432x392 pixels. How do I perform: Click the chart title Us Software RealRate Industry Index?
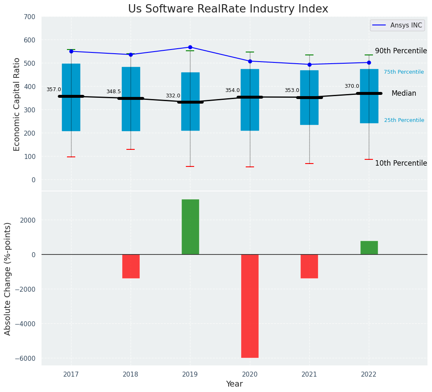pyautogui.click(x=228, y=9)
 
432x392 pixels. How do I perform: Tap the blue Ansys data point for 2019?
pyautogui.click(x=190, y=47)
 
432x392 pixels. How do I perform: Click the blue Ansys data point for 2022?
pyautogui.click(x=369, y=62)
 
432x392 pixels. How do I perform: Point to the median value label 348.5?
pyautogui.click(x=114, y=92)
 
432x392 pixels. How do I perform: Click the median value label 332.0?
pyautogui.click(x=173, y=96)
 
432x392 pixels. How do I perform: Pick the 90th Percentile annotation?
pyautogui.click(x=401, y=51)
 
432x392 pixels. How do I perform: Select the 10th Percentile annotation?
pyautogui.click(x=401, y=163)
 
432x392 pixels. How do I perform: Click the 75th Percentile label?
pyautogui.click(x=404, y=72)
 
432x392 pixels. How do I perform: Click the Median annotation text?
pyautogui.click(x=404, y=94)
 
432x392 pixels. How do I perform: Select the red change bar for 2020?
pyautogui.click(x=250, y=306)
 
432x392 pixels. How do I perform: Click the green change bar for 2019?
pyautogui.click(x=190, y=227)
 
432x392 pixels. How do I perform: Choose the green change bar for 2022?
pyautogui.click(x=369, y=248)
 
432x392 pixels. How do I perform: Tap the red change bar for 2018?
pyautogui.click(x=131, y=266)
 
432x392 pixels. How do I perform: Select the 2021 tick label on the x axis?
pyautogui.click(x=309, y=375)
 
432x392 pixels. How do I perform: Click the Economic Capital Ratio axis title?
pyautogui.click(x=17, y=104)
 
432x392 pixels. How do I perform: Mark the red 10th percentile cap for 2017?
pyautogui.click(x=71, y=157)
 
